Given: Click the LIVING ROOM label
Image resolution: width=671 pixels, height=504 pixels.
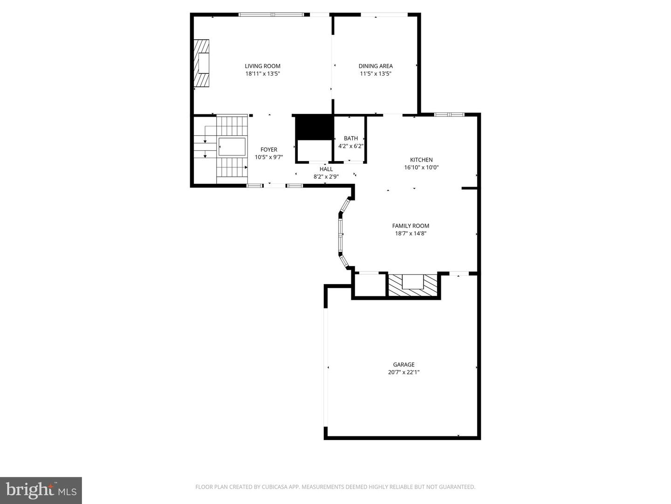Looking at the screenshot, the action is click(262, 66).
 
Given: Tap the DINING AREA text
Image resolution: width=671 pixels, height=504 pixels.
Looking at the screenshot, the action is click(376, 66).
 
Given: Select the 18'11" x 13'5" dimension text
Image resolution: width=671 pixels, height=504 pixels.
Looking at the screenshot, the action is click(263, 73).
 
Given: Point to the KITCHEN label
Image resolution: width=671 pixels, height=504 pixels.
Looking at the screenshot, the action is click(421, 160).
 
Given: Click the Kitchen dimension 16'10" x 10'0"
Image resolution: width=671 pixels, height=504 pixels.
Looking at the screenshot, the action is click(421, 168).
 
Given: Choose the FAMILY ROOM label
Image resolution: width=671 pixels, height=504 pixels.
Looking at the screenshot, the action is click(411, 226).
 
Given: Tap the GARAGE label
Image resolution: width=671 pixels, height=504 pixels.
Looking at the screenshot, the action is click(404, 364).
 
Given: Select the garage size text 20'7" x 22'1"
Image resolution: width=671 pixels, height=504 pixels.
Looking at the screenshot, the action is click(404, 372).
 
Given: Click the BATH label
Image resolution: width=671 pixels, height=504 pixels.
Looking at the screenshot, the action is click(350, 138).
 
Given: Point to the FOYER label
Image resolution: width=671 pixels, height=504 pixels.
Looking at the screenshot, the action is click(269, 150).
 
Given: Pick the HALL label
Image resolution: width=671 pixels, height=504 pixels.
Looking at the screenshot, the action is click(326, 169).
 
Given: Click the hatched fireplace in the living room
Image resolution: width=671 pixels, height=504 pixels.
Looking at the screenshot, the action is click(201, 63).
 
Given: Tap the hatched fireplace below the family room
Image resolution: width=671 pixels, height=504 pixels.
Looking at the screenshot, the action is click(413, 285).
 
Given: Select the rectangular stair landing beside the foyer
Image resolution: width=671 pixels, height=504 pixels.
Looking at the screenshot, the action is click(232, 147).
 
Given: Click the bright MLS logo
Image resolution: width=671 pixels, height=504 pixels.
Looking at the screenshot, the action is click(41, 490).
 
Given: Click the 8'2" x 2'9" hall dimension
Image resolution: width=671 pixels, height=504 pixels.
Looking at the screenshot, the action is click(326, 176).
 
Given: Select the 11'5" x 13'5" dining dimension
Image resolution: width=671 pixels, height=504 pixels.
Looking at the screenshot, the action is click(376, 73).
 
